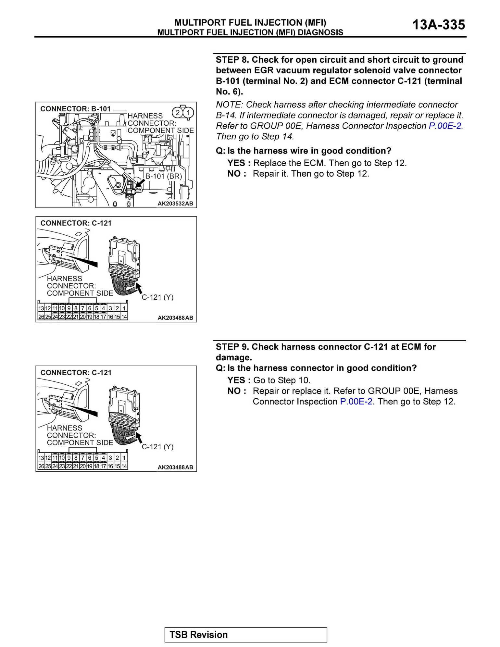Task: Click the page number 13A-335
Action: click(x=438, y=25)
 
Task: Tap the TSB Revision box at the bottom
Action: click(x=245, y=634)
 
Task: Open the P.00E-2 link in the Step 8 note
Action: click(x=445, y=126)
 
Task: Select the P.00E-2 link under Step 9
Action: click(x=356, y=402)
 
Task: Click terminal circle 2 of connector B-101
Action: click(x=178, y=113)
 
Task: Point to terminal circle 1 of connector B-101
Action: click(x=188, y=113)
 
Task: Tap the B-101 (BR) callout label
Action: click(x=163, y=176)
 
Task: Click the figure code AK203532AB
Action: click(x=175, y=204)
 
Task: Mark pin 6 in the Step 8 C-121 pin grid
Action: click(x=90, y=308)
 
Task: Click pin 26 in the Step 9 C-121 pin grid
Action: click(x=41, y=466)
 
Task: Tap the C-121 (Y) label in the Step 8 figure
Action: click(x=157, y=297)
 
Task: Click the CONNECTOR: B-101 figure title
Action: click(x=75, y=109)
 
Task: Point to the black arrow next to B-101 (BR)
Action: click(x=140, y=183)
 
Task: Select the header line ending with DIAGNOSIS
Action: click(x=250, y=32)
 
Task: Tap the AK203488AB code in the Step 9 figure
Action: click(x=175, y=467)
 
